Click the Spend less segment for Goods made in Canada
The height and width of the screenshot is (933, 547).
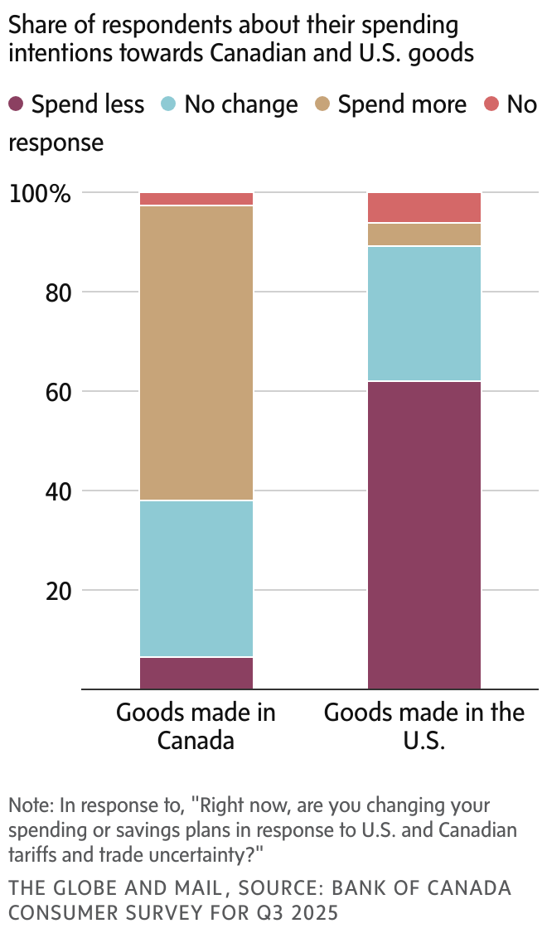pyautogui.click(x=196, y=673)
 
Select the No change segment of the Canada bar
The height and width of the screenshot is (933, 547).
pyautogui.click(x=196, y=578)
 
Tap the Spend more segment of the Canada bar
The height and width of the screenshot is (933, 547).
pyautogui.click(x=196, y=353)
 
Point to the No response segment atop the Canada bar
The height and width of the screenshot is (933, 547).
pyautogui.click(x=196, y=199)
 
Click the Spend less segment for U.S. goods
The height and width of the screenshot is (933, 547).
pyautogui.click(x=424, y=535)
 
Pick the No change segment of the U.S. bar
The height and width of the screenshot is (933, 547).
pyautogui.click(x=424, y=314)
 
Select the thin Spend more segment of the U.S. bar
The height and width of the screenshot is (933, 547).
pyautogui.click(x=424, y=234)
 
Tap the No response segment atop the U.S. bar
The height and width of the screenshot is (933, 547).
pyautogui.click(x=424, y=208)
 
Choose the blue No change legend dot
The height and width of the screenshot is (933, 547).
pyautogui.click(x=168, y=104)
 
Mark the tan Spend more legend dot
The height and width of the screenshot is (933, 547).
pyautogui.click(x=322, y=104)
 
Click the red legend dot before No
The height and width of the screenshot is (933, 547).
pyautogui.click(x=491, y=104)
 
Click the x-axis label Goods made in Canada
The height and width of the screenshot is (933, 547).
pyautogui.click(x=196, y=726)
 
